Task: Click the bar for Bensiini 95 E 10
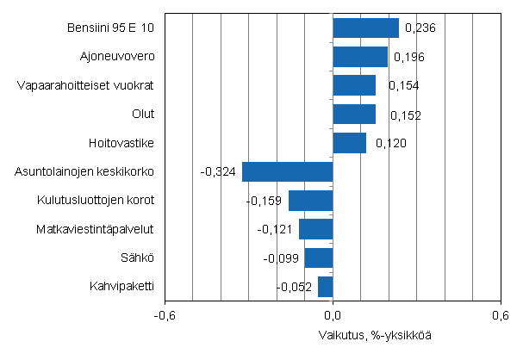(x=365, y=28)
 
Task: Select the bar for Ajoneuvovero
(x=360, y=57)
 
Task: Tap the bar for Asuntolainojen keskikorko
(x=287, y=171)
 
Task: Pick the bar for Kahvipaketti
(x=325, y=286)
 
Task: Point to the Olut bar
(x=354, y=115)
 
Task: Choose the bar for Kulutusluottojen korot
(x=310, y=201)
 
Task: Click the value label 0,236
(x=420, y=29)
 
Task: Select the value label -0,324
(x=217, y=172)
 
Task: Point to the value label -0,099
(x=280, y=258)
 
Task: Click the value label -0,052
(x=294, y=287)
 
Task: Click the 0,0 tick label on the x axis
(x=333, y=315)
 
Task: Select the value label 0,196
(x=409, y=58)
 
